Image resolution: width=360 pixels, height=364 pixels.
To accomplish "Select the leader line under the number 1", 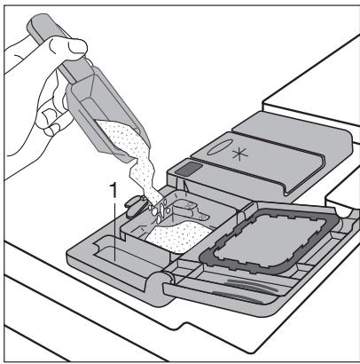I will point(112,213).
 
